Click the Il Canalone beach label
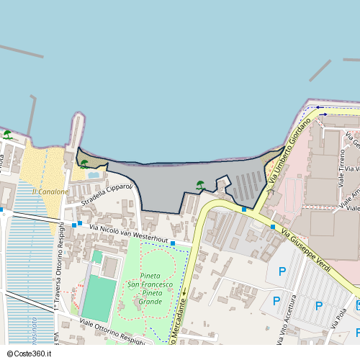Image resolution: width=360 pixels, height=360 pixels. (50, 192)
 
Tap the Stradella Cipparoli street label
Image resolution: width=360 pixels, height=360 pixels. (107, 194)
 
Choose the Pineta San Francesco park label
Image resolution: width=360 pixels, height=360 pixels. (150, 284)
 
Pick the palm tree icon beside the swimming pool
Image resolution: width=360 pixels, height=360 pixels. (84, 163)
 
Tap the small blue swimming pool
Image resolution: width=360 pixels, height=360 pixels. (94, 174)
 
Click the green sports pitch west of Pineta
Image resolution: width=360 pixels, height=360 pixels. (99, 298)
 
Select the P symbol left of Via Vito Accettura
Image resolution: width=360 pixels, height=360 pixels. (276, 301)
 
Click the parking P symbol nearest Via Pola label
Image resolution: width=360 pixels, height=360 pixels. (319, 306)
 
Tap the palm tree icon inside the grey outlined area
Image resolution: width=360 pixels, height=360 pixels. (201, 185)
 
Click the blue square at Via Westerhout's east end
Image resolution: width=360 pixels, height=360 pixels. (173, 243)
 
